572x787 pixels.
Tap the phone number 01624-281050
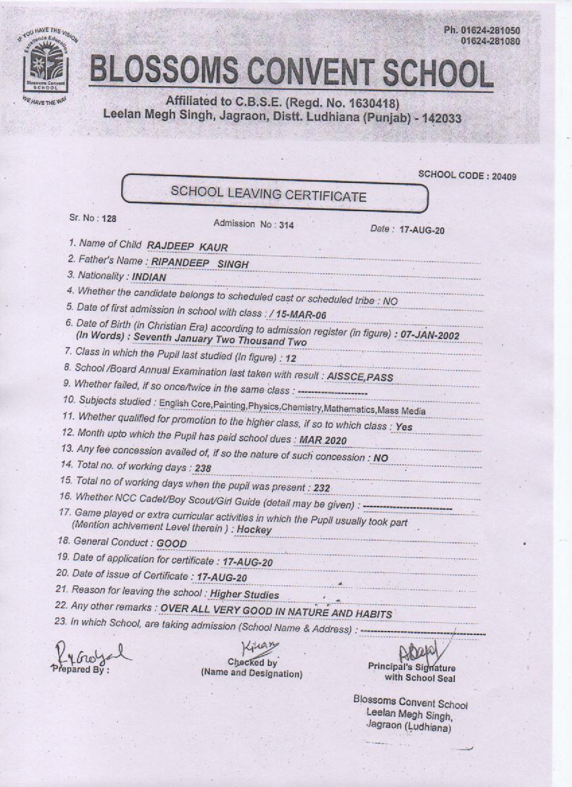pos(491,30)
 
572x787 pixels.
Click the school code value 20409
pos(504,176)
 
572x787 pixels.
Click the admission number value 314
pos(286,225)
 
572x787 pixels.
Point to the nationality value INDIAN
pos(149,277)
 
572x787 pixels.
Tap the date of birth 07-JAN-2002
pos(430,334)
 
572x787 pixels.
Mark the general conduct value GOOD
pos(172,543)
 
